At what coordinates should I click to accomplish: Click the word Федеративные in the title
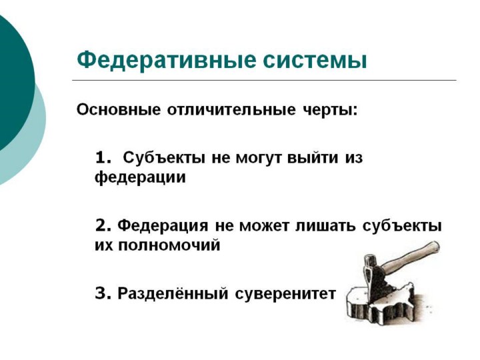click(166, 60)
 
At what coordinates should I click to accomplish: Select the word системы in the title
click(315, 61)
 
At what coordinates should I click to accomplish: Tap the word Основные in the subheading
click(119, 109)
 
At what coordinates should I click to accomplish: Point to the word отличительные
click(231, 109)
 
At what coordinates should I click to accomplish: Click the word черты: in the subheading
click(330, 110)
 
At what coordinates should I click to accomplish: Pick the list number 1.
click(103, 158)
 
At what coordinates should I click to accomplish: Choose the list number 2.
click(103, 225)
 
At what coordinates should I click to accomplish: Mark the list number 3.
click(103, 293)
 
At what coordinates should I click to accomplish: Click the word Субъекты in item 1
click(164, 158)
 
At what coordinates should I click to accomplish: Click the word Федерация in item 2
click(163, 226)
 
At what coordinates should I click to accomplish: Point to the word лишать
click(326, 225)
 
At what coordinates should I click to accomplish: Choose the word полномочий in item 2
click(169, 245)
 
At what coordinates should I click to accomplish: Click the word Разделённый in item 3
click(173, 293)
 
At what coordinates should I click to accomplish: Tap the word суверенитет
click(285, 294)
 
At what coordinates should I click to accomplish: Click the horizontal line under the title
click(264, 80)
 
